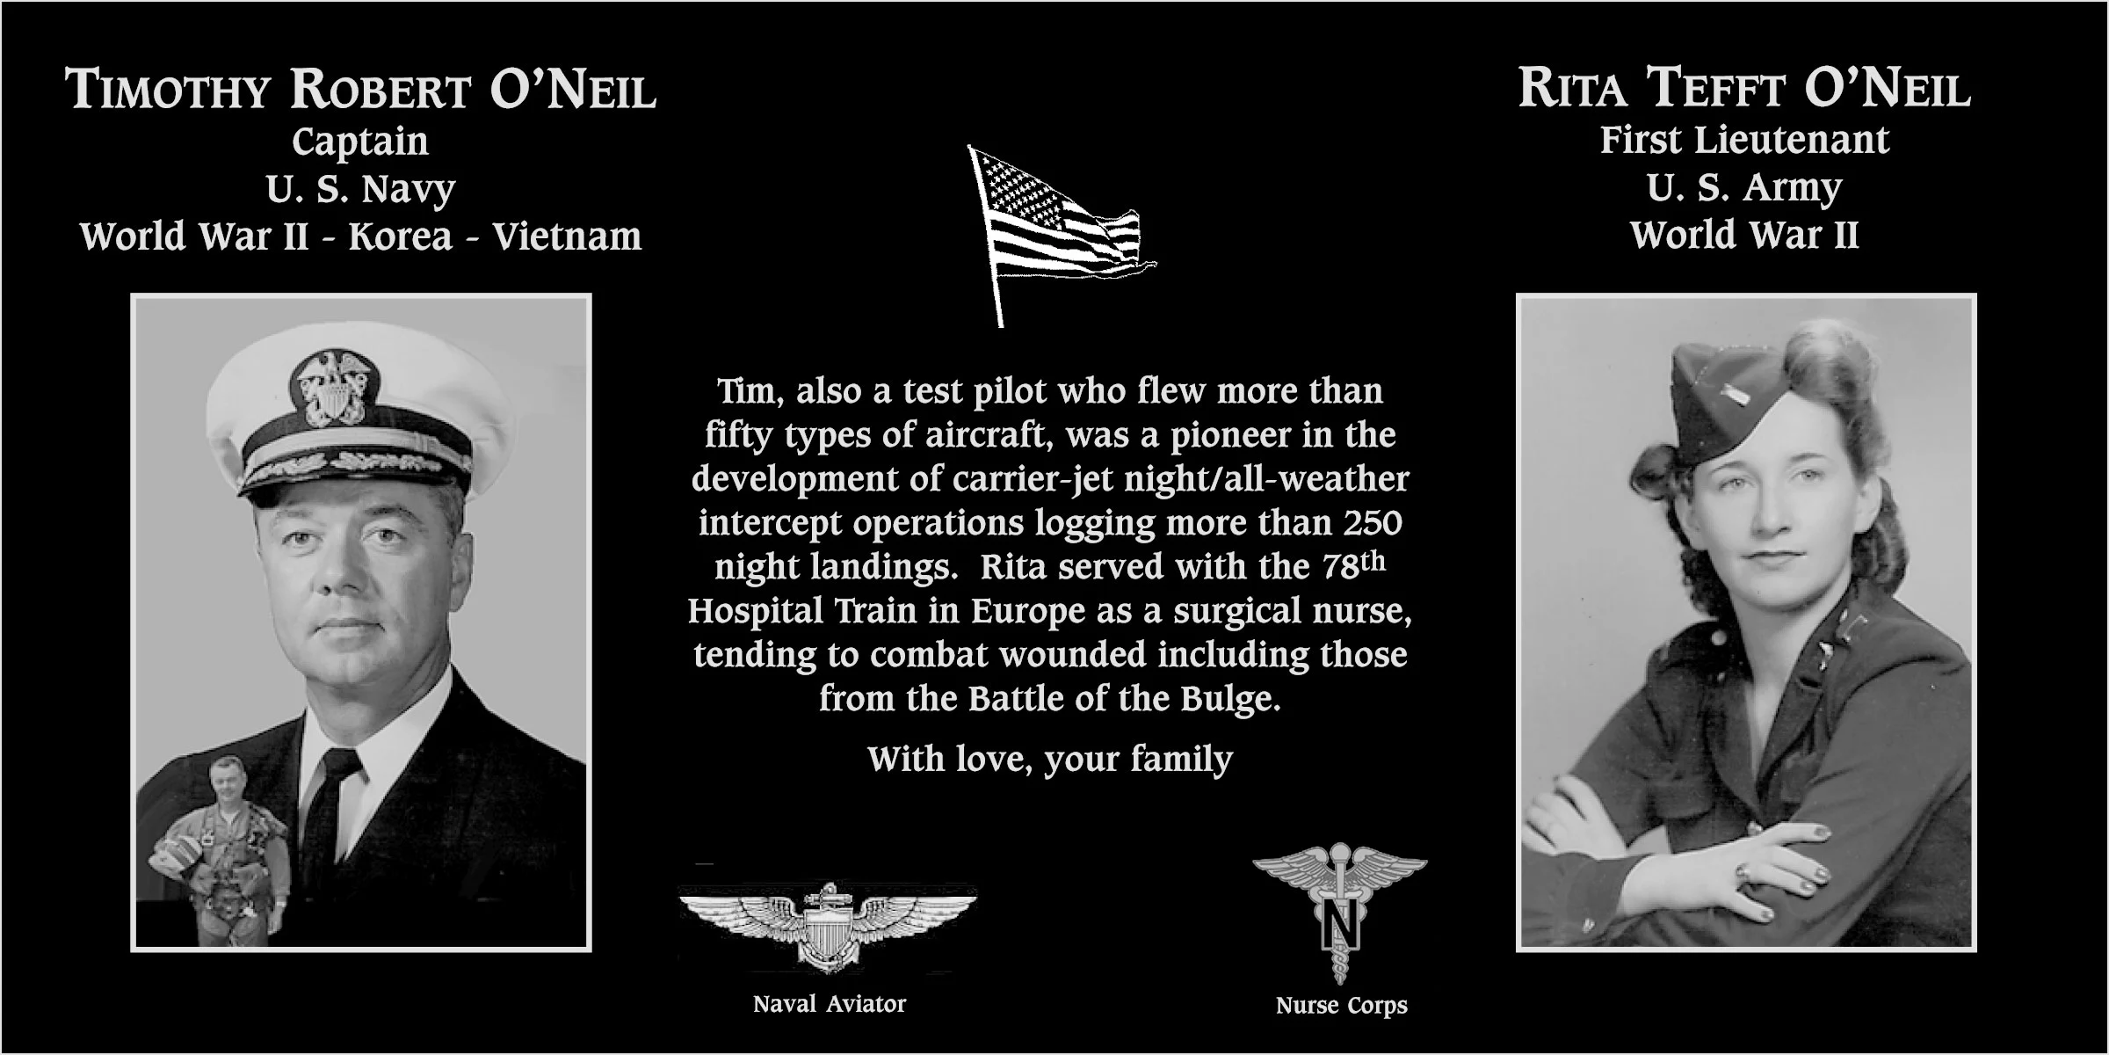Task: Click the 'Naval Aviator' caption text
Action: [x=829, y=1004]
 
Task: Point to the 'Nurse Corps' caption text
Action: [x=1341, y=1005]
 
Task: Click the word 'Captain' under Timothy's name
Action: [x=359, y=142]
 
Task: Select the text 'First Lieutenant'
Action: [x=1743, y=140]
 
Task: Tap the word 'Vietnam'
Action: [x=566, y=236]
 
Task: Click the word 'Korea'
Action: [x=400, y=236]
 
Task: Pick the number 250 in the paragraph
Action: [x=1372, y=523]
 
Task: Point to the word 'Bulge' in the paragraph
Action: [x=1228, y=699]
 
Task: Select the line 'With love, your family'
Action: [x=1050, y=759]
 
